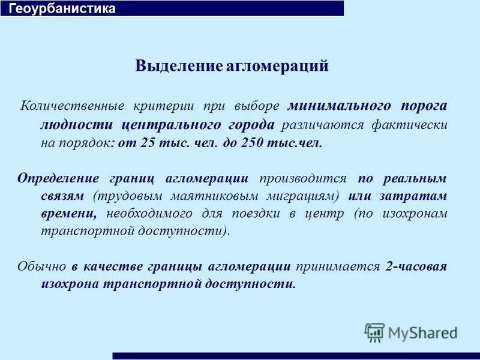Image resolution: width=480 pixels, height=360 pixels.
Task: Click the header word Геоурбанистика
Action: coord(62,8)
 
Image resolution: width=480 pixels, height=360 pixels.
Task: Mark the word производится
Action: coord(303,178)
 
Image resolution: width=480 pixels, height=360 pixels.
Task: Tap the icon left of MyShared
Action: coord(374,332)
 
